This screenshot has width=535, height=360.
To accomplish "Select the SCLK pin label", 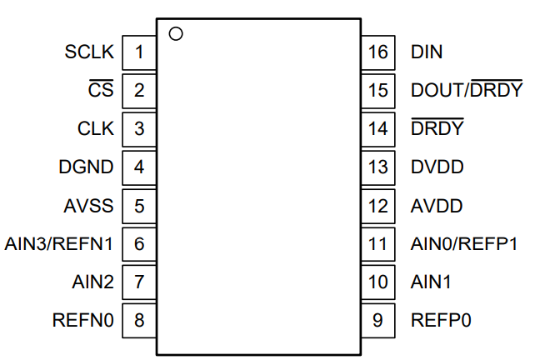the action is coord(89,52).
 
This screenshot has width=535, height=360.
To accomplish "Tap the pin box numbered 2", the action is coord(139,91).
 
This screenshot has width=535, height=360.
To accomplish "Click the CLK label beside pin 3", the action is coord(96,128).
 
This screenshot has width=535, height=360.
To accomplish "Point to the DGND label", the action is coord(86,167).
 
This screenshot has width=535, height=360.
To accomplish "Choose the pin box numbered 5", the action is coord(139,206).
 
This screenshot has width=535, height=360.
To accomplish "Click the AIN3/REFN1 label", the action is coord(58,244).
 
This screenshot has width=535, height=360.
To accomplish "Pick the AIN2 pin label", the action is coord(92,282).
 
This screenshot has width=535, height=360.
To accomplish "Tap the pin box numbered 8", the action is coord(139,321).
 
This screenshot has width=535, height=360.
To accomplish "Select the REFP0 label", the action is coord(441,321).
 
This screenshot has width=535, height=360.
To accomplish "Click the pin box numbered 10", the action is coord(378,282).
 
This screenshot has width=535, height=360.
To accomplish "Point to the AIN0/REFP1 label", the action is coord(464,244).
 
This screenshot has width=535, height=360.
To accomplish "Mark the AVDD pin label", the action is coord(437,206).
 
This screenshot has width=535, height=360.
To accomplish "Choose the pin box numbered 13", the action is coord(378,167).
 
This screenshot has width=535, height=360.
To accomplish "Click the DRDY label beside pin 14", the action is coord(437,127).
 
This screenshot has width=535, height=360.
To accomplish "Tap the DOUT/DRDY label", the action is coord(467,88).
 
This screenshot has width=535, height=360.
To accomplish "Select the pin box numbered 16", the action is coord(378,52).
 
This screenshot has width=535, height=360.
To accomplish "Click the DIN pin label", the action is coord(427,52).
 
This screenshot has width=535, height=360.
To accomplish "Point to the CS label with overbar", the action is coord(101,88).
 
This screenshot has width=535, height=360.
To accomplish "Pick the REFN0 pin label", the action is coord(82,321).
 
